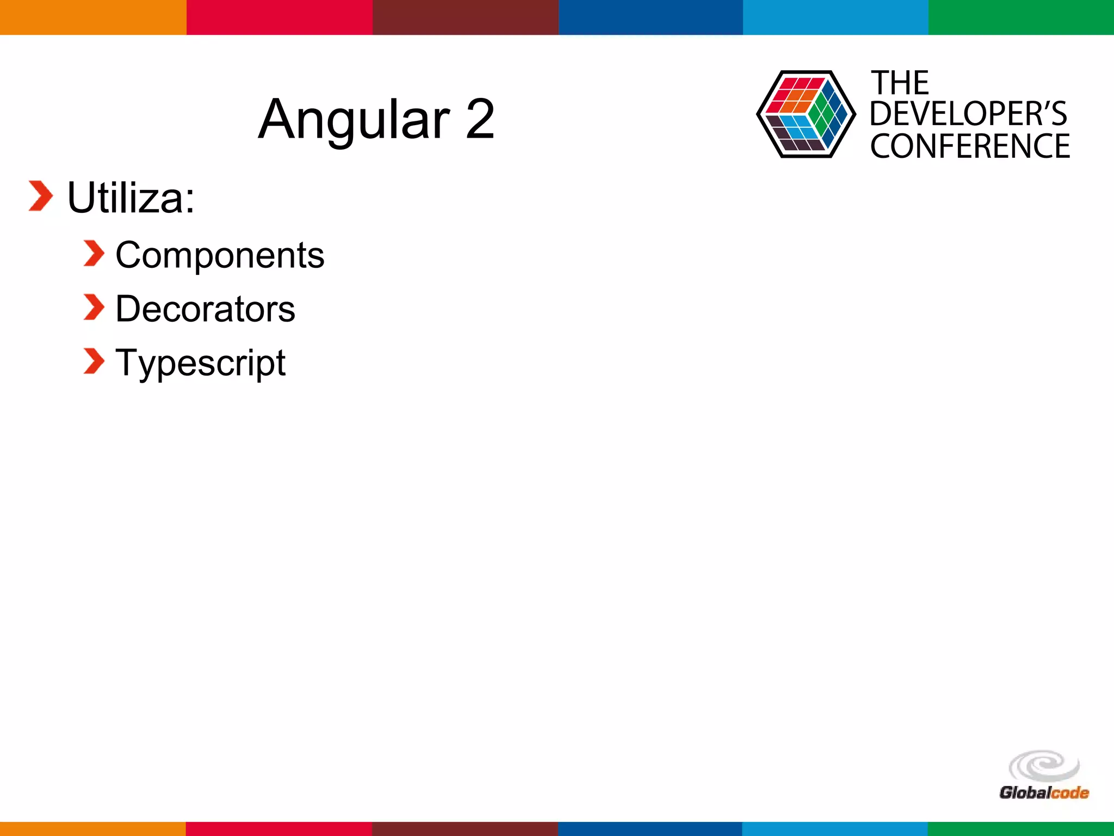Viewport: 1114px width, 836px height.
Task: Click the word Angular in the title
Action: (x=354, y=120)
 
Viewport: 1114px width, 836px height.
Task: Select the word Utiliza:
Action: (x=131, y=198)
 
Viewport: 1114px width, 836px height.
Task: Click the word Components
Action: (x=220, y=255)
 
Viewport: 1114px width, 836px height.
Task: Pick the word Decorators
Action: (x=205, y=309)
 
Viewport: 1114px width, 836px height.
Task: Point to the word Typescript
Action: (x=200, y=363)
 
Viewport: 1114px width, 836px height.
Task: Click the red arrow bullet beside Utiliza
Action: (x=41, y=196)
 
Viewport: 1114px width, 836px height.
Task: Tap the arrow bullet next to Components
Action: (x=94, y=254)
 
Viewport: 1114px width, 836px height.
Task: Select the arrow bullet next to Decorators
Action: (x=94, y=308)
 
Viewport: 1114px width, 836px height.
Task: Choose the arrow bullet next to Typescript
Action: (x=94, y=361)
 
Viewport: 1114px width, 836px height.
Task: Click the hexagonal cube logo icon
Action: (x=806, y=114)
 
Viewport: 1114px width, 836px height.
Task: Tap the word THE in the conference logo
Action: (x=900, y=83)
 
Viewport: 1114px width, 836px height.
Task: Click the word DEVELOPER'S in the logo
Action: (x=968, y=114)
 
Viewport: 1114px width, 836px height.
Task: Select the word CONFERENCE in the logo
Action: (x=970, y=146)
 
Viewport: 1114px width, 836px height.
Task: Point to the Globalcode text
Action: (x=1044, y=792)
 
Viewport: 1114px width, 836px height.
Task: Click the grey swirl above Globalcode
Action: (x=1044, y=766)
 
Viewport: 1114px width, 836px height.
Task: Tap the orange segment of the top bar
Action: (x=93, y=17)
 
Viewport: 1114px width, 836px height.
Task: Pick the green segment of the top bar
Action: (x=1021, y=17)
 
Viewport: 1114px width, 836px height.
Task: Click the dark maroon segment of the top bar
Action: (x=465, y=17)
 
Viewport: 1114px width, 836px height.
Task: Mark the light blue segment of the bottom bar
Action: (x=835, y=828)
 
